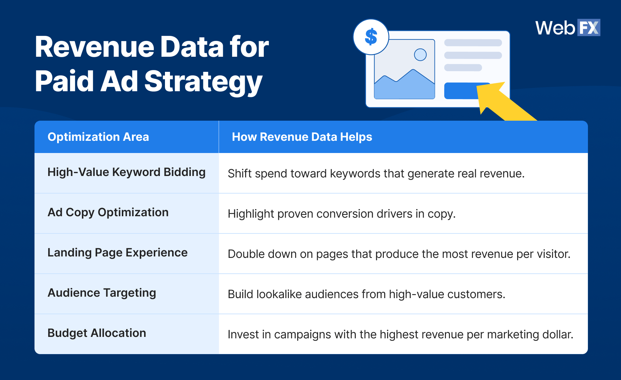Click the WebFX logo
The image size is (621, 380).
[567, 28]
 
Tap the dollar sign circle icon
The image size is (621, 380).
[371, 37]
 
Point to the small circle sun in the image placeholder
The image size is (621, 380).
[420, 55]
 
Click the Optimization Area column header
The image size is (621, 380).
[98, 137]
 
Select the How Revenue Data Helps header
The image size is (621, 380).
[302, 137]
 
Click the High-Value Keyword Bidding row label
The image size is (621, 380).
[126, 172]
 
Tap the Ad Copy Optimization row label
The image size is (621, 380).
[108, 212]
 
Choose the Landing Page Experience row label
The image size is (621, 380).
[118, 252]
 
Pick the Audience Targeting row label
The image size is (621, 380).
[102, 293]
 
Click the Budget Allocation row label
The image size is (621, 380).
[97, 333]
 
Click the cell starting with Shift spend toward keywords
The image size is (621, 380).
[376, 173]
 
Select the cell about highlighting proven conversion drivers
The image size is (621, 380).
[341, 214]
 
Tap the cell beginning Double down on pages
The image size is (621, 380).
[399, 254]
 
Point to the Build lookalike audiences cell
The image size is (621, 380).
[366, 294]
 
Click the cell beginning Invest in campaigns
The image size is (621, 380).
[400, 334]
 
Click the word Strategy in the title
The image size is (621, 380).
[203, 81]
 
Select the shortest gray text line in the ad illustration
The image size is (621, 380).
[463, 68]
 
